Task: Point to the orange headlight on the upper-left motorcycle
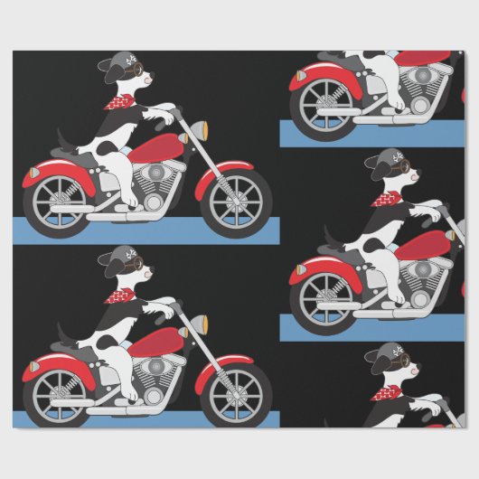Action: point(183,137)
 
